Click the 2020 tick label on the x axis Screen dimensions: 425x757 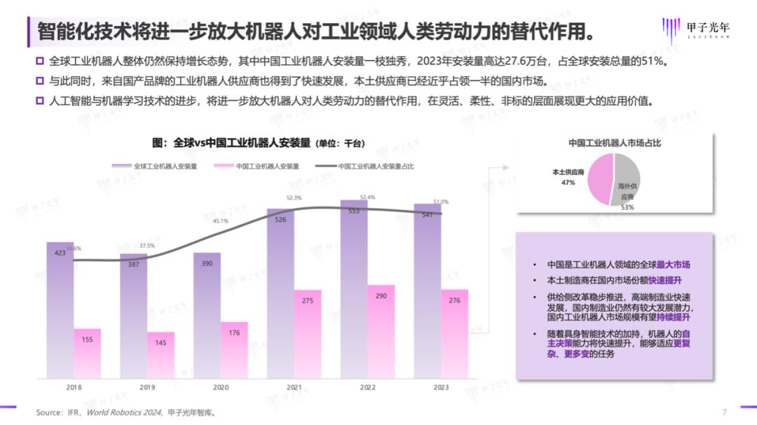pyautogui.click(x=220, y=386)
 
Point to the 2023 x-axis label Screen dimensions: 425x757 pyautogui.click(x=440, y=386)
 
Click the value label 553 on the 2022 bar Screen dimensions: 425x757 pyautogui.click(x=354, y=211)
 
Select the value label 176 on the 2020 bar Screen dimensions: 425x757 pyautogui.click(x=234, y=333)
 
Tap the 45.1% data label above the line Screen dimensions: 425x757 pyautogui.click(x=221, y=221)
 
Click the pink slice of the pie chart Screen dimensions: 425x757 pyautogui.click(x=600, y=180)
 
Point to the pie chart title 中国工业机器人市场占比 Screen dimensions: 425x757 pyautogui.click(x=614, y=142)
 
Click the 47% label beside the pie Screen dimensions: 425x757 pyautogui.click(x=568, y=183)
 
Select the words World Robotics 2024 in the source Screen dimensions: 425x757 pyautogui.click(x=124, y=413)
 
